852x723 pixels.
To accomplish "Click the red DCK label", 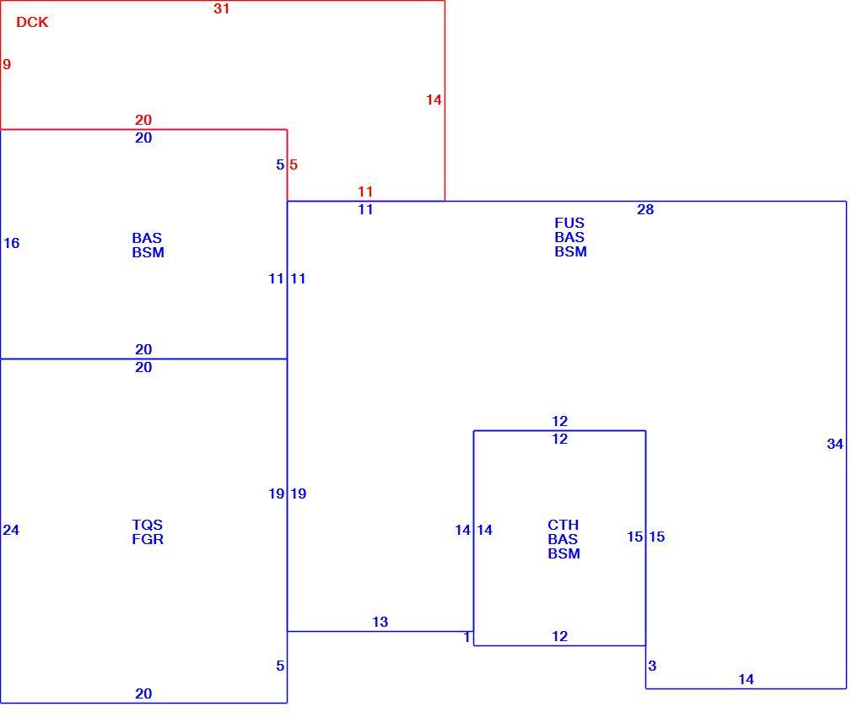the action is coord(32,22).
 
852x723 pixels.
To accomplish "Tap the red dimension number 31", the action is coord(221,8).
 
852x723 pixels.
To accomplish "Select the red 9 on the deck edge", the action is coord(7,64).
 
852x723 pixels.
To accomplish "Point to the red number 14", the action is coord(434,100).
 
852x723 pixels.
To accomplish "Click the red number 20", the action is coord(143,120).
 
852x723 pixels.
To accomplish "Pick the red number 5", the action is coord(294,165).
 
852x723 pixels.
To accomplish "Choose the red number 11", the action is coord(365,192).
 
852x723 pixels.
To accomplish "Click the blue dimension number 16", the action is coord(12,243).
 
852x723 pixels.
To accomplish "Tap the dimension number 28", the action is coord(645,209).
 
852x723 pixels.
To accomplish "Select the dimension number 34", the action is coord(834,444).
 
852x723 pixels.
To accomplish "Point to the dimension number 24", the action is coord(11,530).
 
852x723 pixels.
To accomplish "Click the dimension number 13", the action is coord(380,622).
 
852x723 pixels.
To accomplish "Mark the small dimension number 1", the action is coord(466,637).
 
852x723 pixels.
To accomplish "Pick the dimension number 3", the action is coord(652,666).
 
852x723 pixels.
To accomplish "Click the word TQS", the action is coord(148,525).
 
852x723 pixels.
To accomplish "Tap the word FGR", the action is coord(148,539).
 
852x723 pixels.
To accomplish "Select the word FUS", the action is coord(569,223).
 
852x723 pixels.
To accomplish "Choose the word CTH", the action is coord(563,525).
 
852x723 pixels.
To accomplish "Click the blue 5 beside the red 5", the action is coord(280,165).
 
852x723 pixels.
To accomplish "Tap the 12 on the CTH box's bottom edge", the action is coord(559,636).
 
